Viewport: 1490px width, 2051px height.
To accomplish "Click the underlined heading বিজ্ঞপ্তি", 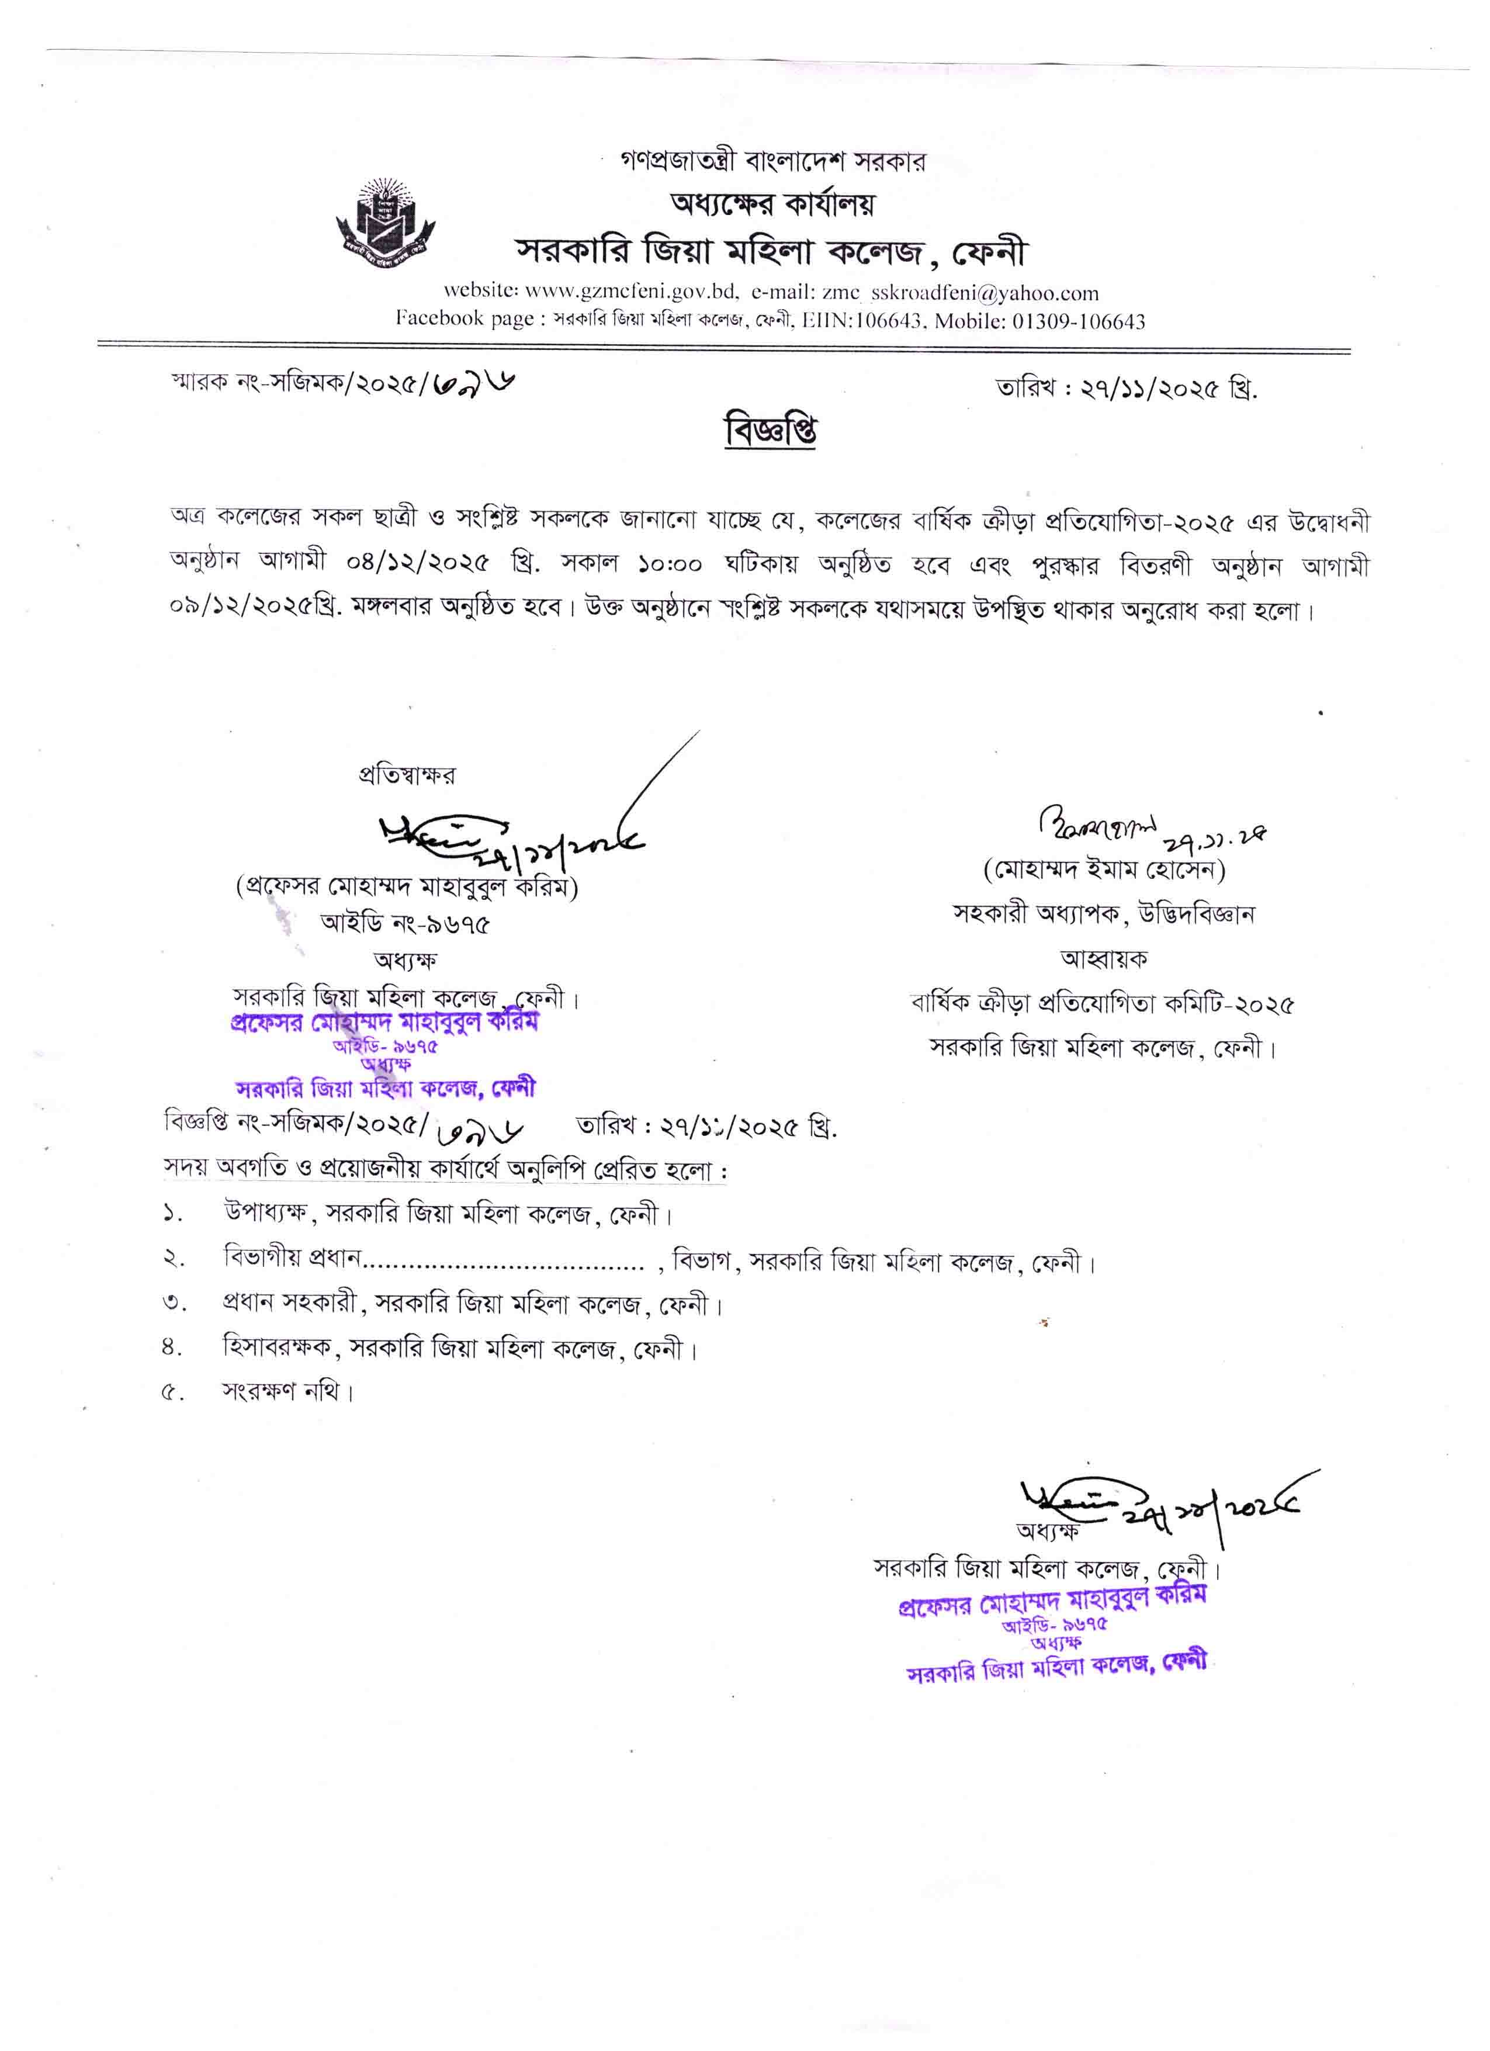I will [x=770, y=431].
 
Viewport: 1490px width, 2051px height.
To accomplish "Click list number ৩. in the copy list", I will [x=175, y=1304].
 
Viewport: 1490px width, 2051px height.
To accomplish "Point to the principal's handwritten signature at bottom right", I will [x=1166, y=1501].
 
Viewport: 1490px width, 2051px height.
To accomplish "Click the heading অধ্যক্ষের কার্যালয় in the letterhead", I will [x=771, y=205].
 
